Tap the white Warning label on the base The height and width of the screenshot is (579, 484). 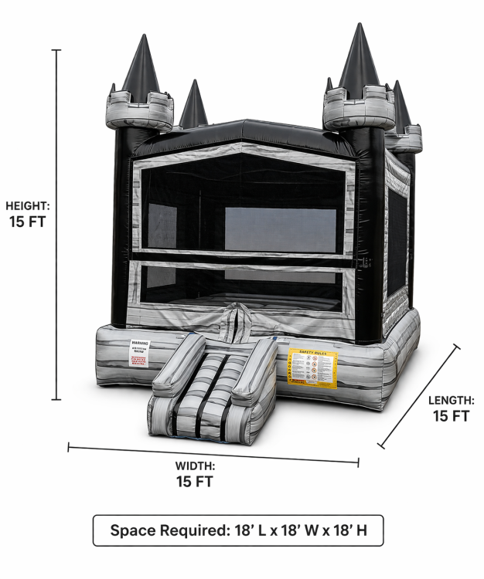[x=139, y=354]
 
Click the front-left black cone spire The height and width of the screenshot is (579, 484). [x=140, y=66]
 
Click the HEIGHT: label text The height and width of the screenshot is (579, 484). [x=27, y=206]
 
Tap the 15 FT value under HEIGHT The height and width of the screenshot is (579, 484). [x=27, y=222]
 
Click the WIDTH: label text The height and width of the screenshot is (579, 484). [x=195, y=466]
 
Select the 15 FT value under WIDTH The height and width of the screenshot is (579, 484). [x=195, y=482]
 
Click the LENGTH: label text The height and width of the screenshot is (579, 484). [x=452, y=400]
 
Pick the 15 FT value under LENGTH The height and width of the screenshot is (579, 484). [x=452, y=416]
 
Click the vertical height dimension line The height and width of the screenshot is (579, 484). [x=56, y=224]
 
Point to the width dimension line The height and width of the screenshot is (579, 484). [x=213, y=454]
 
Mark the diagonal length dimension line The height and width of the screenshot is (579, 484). [x=419, y=396]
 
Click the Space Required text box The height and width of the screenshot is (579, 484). [x=238, y=530]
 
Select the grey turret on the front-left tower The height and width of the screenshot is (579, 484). [x=140, y=110]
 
